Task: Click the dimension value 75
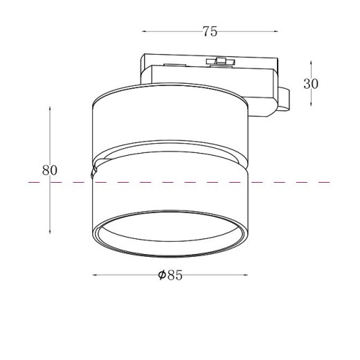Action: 210,31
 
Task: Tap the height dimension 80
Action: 49,170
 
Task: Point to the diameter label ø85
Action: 170,276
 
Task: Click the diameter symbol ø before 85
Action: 161,276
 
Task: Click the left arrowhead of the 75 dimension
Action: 143,31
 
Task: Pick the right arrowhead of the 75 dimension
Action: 276,31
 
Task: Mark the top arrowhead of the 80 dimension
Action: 50,109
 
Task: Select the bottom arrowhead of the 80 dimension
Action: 50,231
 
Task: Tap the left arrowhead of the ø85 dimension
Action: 95,276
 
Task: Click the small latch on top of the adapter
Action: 222,62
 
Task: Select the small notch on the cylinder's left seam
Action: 93,170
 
